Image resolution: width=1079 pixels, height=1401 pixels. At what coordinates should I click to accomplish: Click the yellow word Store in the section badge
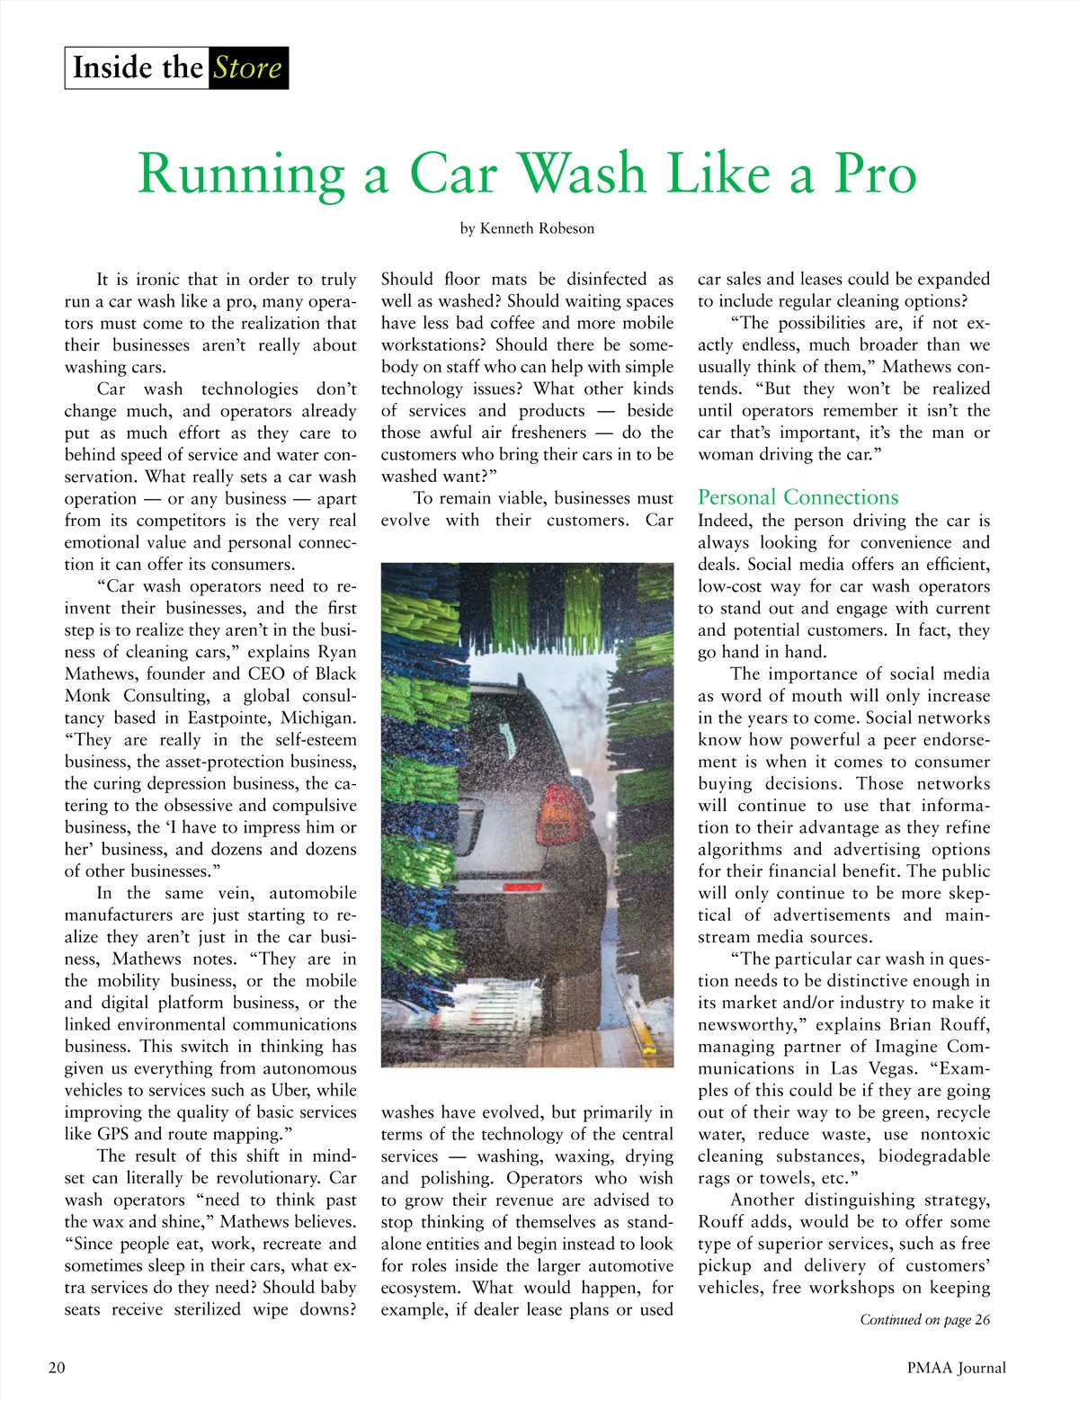click(x=247, y=68)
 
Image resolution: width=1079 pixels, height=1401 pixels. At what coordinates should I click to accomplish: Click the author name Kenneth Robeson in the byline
click(x=537, y=228)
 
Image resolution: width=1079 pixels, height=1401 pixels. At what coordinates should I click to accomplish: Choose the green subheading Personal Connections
click(x=798, y=497)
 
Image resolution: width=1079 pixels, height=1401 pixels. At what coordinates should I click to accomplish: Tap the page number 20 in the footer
click(x=57, y=1368)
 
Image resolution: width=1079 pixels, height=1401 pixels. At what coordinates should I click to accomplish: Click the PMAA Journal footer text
click(x=956, y=1368)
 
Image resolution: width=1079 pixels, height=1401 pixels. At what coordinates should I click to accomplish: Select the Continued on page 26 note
click(x=924, y=1320)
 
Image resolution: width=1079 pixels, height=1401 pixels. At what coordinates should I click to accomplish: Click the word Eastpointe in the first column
click(x=229, y=718)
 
